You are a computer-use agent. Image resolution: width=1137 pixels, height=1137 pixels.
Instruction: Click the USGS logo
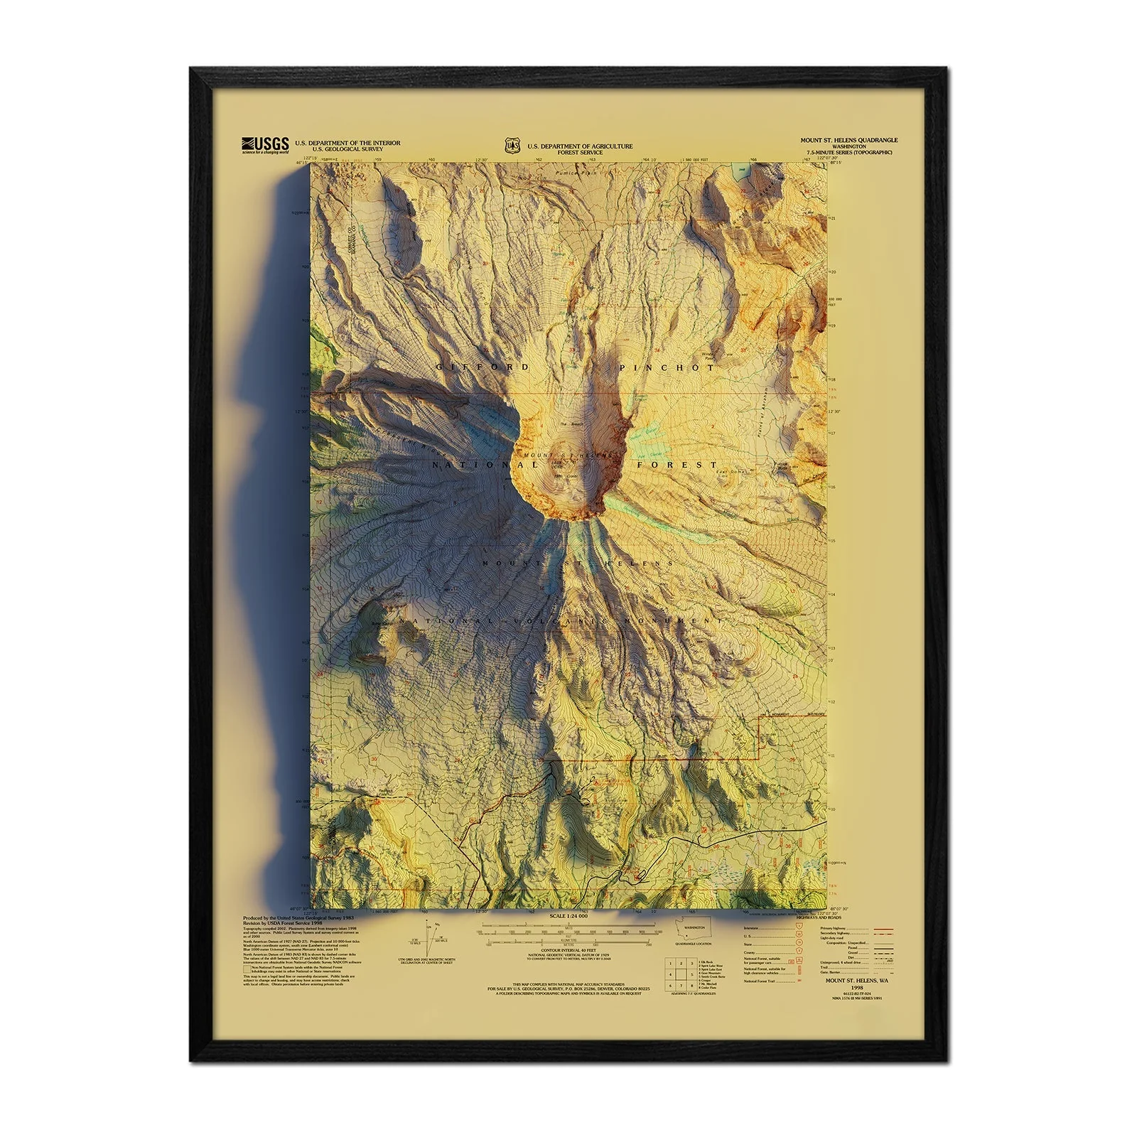[x=265, y=144]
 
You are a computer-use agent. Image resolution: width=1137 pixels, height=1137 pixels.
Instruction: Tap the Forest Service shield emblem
[x=512, y=146]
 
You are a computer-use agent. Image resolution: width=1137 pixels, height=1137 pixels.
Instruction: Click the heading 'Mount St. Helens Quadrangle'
[x=848, y=141]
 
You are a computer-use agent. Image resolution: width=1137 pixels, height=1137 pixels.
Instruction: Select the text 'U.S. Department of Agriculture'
[x=579, y=146]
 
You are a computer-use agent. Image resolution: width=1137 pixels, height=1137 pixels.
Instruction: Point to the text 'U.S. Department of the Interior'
[x=347, y=143]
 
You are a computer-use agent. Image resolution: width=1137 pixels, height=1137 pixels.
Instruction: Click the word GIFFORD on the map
[x=483, y=367]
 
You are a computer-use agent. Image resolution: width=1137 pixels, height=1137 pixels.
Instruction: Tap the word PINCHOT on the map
[x=667, y=368]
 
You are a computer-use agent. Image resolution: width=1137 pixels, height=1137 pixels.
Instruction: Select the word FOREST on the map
[x=677, y=465]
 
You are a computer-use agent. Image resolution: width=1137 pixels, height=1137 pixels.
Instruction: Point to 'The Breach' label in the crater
[x=571, y=425]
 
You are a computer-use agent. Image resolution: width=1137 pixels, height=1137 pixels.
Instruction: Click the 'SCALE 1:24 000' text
[x=568, y=917]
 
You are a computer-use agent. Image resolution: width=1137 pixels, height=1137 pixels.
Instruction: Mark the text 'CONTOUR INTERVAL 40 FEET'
[x=568, y=949]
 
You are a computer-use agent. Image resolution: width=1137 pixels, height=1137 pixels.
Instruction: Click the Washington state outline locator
[x=694, y=931]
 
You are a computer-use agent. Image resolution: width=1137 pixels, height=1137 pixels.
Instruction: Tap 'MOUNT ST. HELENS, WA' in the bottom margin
[x=856, y=981]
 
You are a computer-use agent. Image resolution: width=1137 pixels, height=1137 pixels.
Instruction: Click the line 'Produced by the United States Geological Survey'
[x=299, y=918]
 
